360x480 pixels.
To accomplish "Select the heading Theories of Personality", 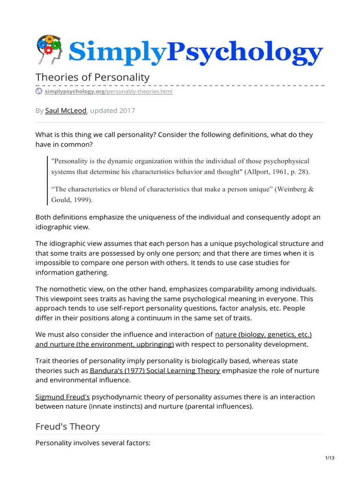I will click(x=93, y=77).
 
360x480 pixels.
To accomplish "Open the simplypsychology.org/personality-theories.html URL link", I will click(x=108, y=92).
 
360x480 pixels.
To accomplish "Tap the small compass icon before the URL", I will click(x=39, y=92).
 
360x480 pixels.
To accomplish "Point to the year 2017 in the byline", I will click(x=126, y=111).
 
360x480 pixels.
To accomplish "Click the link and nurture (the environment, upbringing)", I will click(x=105, y=344).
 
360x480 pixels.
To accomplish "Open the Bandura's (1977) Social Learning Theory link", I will click(x=155, y=370).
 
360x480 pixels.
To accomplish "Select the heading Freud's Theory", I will click(x=67, y=426).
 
